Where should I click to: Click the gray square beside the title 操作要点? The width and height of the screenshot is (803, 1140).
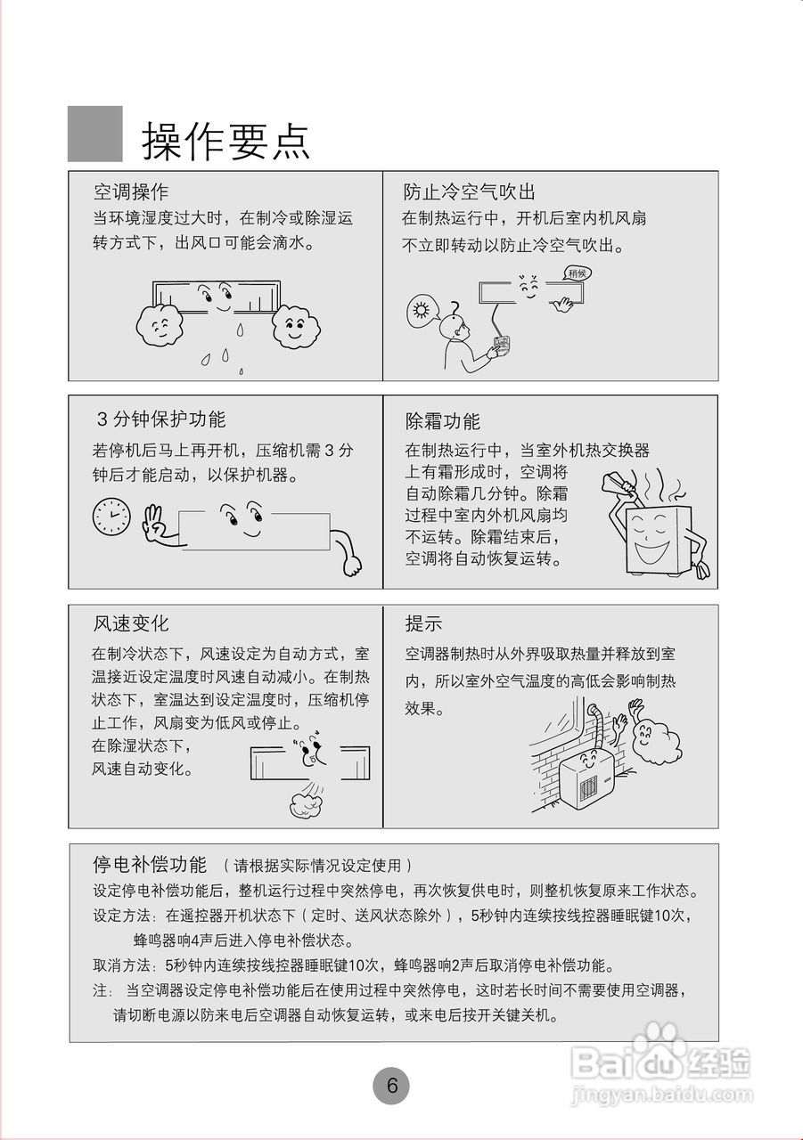pyautogui.click(x=95, y=134)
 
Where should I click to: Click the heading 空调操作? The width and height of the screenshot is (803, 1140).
pyautogui.click(x=131, y=191)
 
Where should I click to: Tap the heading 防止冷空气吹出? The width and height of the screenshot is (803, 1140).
pyautogui.click(x=469, y=191)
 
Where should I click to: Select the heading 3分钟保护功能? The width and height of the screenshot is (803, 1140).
pyautogui.click(x=160, y=419)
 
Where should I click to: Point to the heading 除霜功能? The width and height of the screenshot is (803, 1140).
pyautogui.click(x=442, y=420)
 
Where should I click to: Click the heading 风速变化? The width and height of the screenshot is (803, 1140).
pyautogui.click(x=131, y=623)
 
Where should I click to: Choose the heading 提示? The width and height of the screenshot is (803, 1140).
pyautogui.click(x=423, y=623)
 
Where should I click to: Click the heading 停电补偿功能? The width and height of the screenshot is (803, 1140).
pyautogui.click(x=150, y=864)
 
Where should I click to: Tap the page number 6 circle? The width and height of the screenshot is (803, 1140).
pyautogui.click(x=391, y=1086)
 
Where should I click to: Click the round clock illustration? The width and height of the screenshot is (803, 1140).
pyautogui.click(x=111, y=516)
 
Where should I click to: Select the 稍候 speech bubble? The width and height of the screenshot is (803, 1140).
pyautogui.click(x=579, y=273)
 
